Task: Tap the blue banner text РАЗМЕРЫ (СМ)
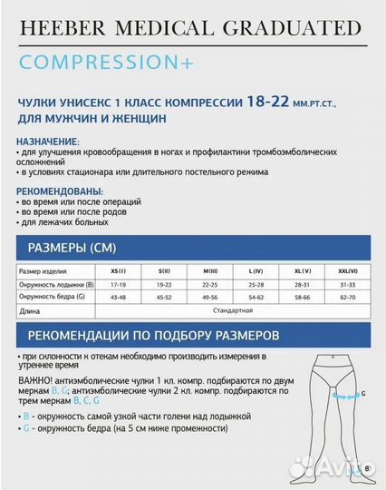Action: click(72, 248)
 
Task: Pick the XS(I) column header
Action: click(118, 271)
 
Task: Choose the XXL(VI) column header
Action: click(345, 271)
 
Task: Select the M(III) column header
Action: click(210, 271)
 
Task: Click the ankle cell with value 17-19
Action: click(118, 284)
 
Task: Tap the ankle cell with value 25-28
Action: click(256, 284)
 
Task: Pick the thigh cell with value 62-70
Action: click(345, 297)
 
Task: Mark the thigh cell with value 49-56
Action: click(210, 297)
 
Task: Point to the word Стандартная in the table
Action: click(232, 310)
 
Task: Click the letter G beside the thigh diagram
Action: click(364, 396)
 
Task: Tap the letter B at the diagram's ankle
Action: click(367, 468)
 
